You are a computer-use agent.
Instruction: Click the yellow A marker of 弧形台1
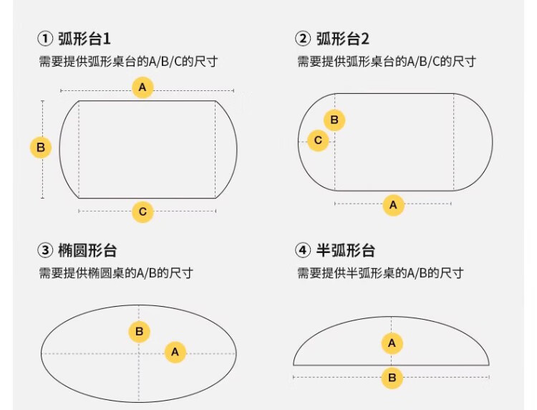142,87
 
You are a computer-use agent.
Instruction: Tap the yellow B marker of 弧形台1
41,148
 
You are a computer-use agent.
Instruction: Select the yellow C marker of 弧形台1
142,211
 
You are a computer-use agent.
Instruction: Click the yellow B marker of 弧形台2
334,120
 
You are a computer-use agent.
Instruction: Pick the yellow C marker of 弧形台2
318,140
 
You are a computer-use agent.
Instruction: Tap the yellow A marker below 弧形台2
393,205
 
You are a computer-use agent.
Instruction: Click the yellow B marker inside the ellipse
139,331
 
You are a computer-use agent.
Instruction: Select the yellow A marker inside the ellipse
175,352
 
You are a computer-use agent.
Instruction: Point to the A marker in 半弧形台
392,343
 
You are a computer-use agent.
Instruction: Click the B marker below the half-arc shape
392,378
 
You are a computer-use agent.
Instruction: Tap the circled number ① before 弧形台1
45,39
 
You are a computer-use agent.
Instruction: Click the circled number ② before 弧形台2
303,39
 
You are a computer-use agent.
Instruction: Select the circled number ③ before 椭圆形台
45,250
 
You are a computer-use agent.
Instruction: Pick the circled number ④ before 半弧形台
303,250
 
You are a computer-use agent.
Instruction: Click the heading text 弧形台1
84,39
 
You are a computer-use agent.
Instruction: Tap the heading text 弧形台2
342,39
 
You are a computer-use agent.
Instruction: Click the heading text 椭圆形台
87,250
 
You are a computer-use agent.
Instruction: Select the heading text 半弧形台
345,250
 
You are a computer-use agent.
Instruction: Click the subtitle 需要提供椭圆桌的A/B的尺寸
116,273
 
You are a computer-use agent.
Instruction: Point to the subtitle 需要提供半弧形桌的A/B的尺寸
380,273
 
